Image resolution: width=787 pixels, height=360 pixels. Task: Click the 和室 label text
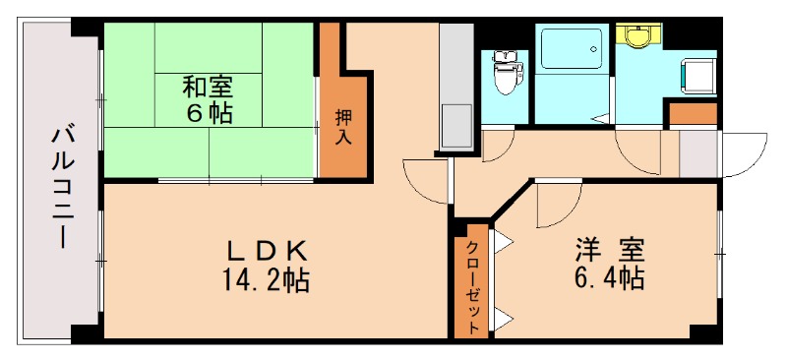[210, 86]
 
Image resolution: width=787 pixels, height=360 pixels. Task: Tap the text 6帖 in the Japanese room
[210, 113]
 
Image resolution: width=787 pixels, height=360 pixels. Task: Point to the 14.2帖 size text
[265, 281]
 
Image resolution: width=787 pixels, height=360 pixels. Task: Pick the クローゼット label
[473, 285]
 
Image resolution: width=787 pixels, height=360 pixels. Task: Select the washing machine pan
[697, 75]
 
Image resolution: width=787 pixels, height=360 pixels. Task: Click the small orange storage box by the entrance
[693, 113]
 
